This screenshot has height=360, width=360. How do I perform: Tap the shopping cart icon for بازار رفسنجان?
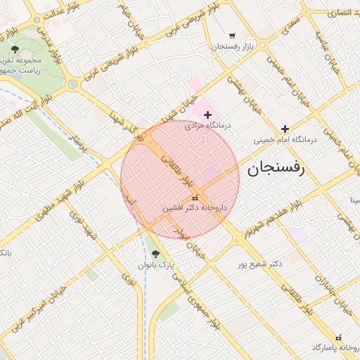tap(232, 36)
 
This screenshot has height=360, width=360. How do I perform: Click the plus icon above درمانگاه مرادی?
tap(207, 115)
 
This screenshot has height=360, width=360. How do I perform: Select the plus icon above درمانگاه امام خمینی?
tap(285, 129)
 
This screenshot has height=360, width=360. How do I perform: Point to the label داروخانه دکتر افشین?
tap(195, 208)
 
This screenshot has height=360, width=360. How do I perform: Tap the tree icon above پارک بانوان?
tap(155, 254)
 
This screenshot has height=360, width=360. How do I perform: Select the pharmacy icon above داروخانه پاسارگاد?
tap(338, 337)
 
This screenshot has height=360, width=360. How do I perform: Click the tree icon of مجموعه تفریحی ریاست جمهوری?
tap(15, 49)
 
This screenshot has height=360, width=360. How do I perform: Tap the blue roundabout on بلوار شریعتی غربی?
tap(72, 84)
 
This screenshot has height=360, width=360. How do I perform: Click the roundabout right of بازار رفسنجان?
tap(262, 45)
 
